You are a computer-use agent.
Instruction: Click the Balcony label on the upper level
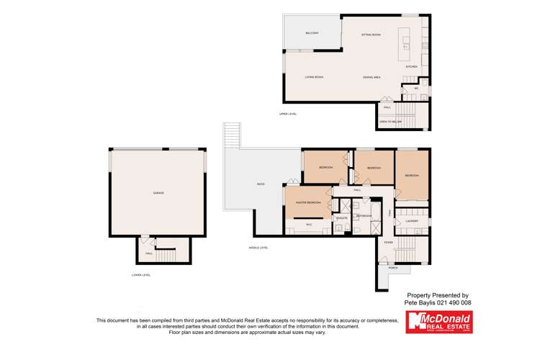(x=312, y=32)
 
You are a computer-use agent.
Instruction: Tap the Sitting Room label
(x=371, y=34)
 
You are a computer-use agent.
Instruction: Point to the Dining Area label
(x=372, y=77)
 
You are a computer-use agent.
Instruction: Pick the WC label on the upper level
(x=415, y=89)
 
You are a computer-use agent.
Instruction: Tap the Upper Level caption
(x=288, y=114)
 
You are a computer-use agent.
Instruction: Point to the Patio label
(x=260, y=184)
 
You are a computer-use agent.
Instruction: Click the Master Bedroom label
(x=309, y=202)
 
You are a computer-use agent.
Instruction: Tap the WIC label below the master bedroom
(x=309, y=225)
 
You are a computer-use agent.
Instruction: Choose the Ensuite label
(x=342, y=217)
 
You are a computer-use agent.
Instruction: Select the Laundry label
(x=412, y=221)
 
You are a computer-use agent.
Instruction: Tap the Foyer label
(x=388, y=243)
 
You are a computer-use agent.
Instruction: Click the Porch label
(x=393, y=267)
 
